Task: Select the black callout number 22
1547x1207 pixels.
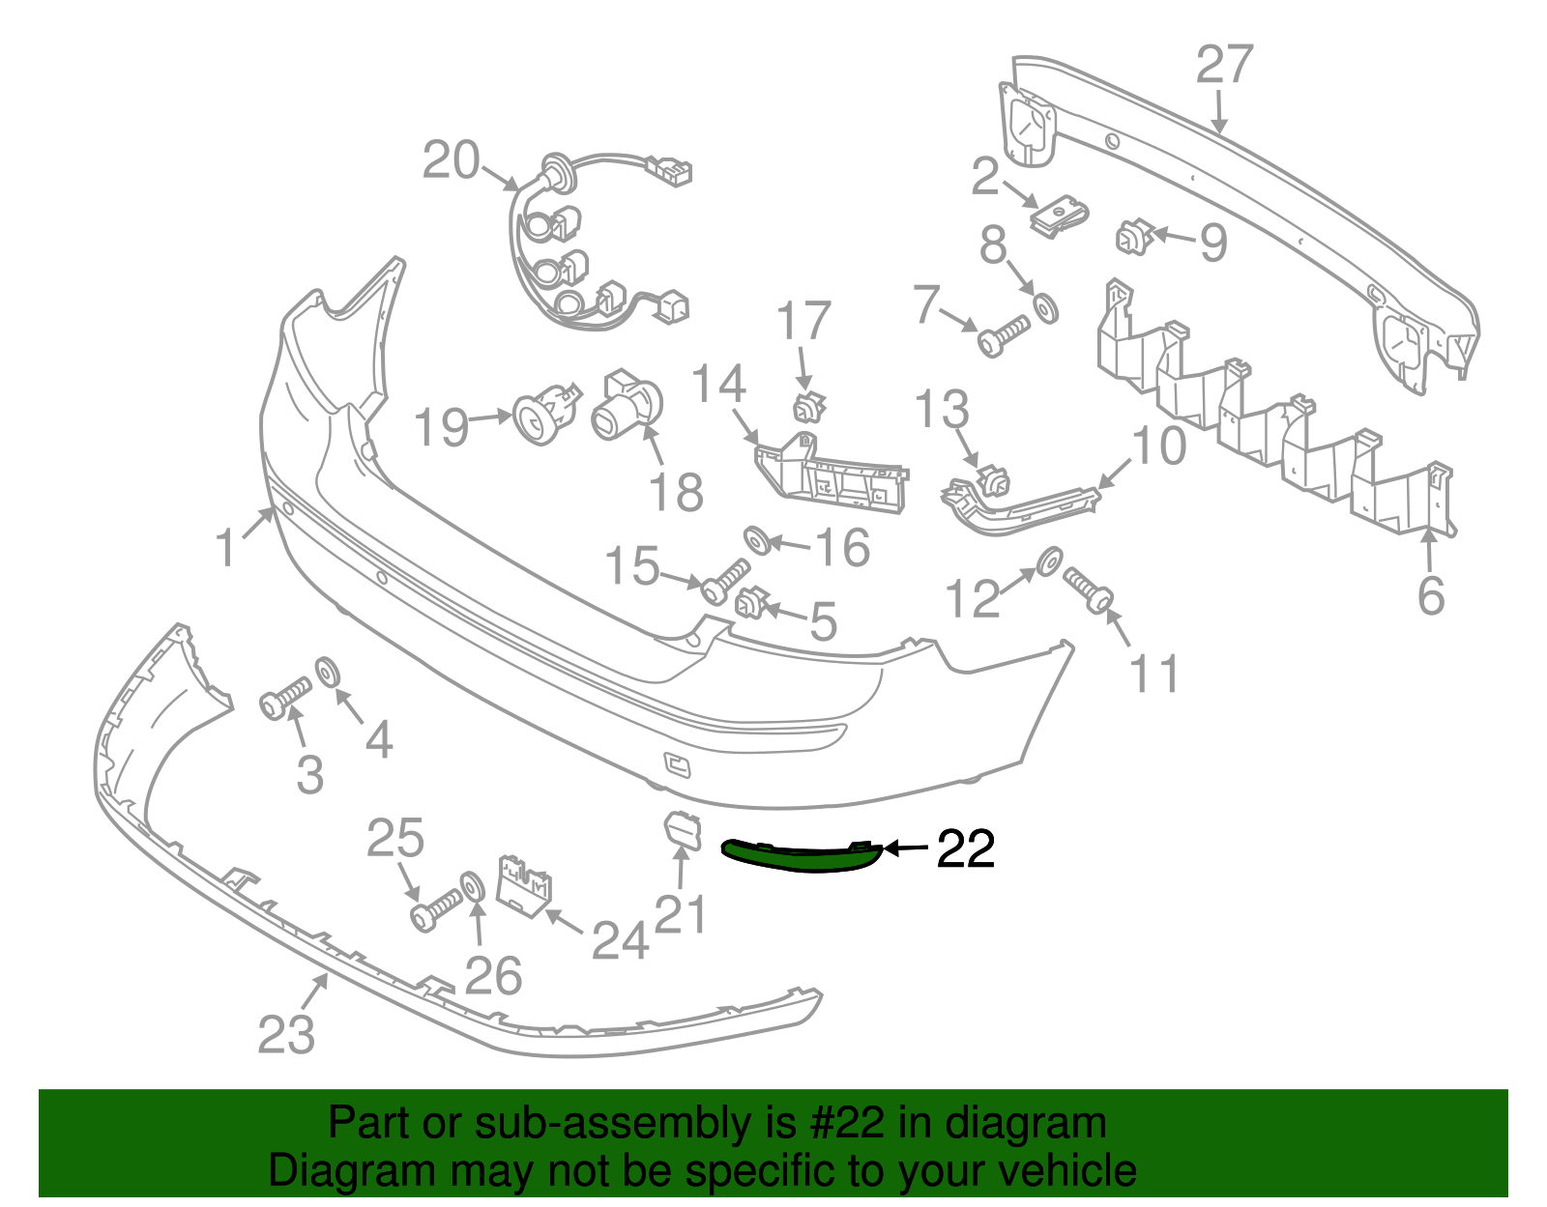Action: [965, 848]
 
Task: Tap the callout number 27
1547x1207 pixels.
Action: [1224, 64]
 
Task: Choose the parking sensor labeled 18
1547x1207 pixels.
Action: [628, 405]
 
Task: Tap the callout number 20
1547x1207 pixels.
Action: [452, 160]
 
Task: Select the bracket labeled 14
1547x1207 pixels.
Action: [832, 473]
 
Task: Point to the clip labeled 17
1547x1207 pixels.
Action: [809, 408]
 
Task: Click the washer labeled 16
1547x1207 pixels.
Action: [757, 541]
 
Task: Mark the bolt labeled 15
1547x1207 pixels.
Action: [725, 581]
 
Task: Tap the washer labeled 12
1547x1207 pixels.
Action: [1050, 561]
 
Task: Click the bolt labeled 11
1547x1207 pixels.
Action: [1088, 590]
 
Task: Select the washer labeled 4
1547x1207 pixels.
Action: [328, 673]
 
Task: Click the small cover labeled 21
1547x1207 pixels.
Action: [683, 831]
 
